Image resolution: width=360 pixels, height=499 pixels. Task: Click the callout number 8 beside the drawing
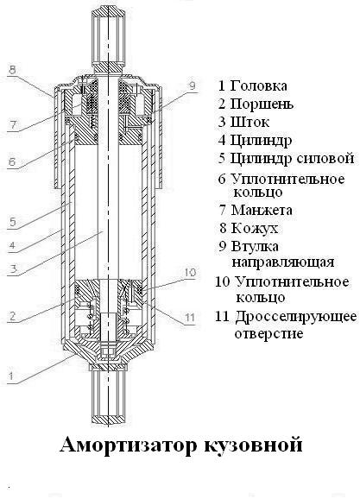[12, 70]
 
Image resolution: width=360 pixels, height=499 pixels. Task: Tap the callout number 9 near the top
[192, 85]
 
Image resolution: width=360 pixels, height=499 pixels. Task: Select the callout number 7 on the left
[13, 124]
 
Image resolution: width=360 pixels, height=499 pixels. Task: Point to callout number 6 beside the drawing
[12, 161]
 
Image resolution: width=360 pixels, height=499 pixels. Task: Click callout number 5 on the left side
[13, 222]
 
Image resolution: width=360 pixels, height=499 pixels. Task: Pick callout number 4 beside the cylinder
[12, 245]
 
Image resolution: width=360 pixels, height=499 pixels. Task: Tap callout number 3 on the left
[13, 269]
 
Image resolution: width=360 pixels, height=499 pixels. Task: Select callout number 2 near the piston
[12, 316]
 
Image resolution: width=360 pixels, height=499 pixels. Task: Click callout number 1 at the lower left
[11, 376]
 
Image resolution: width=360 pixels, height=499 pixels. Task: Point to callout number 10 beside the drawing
[190, 273]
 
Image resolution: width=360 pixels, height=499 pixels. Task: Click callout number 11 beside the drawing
[190, 318]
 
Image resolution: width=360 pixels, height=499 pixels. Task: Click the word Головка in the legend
[258, 85]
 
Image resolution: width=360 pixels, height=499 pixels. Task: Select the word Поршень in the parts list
[262, 104]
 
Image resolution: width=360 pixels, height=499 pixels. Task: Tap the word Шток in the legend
[249, 122]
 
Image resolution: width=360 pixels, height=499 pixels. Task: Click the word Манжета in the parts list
[262, 210]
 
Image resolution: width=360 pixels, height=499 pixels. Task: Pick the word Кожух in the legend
[255, 228]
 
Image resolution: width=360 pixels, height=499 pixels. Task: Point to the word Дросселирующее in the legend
[296, 317]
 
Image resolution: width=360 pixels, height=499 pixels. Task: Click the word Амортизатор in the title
[129, 445]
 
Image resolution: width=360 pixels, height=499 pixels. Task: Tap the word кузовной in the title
[253, 445]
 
